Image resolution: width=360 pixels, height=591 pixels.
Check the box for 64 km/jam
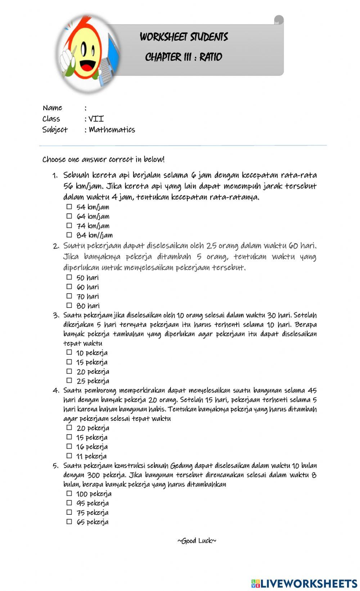[x=69, y=216]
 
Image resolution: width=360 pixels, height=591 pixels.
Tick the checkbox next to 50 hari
[x=69, y=277]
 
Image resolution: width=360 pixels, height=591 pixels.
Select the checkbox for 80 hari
[x=69, y=305]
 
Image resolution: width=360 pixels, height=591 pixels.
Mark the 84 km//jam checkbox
[x=69, y=235]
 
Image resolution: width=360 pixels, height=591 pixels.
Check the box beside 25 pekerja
[x=69, y=381]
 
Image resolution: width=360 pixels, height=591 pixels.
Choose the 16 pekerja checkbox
[x=69, y=446]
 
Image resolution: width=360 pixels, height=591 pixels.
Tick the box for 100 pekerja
[x=69, y=494]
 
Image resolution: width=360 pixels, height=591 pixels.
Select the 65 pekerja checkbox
[x=69, y=522]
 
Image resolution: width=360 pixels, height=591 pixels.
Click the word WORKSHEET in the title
[x=163, y=37]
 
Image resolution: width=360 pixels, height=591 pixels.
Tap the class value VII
[x=96, y=119]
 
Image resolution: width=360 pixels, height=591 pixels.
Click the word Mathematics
[x=112, y=129]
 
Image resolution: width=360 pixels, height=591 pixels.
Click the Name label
[x=53, y=108]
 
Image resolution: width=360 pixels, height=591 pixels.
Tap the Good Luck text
[x=197, y=541]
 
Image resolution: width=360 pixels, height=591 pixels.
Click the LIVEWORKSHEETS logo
[x=304, y=583]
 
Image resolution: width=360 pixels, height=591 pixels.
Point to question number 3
[x=56, y=316]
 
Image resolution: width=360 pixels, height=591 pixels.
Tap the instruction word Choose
[x=54, y=159]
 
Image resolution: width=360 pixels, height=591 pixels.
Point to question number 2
[x=56, y=246]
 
